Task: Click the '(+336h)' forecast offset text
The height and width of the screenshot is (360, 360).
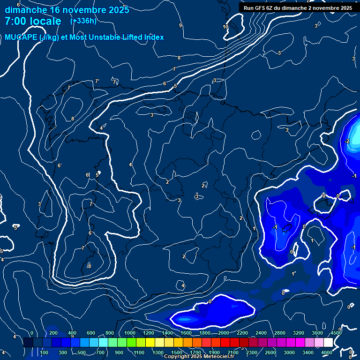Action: click(x=83, y=21)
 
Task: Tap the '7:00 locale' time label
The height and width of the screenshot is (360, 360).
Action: click(x=33, y=21)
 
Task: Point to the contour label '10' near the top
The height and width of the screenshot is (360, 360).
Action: click(x=225, y=27)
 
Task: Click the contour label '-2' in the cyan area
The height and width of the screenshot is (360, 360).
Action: click(x=347, y=141)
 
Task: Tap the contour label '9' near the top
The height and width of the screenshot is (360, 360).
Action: click(x=180, y=26)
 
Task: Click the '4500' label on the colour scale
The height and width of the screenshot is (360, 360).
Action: click(x=336, y=333)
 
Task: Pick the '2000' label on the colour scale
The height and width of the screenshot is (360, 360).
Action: click(x=224, y=333)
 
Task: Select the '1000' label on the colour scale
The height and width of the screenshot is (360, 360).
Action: click(x=130, y=333)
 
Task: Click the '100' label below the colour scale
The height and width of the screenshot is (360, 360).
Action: click(x=45, y=352)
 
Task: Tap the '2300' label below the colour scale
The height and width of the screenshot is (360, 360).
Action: click(x=252, y=352)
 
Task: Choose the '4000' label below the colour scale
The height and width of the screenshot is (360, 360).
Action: click(x=327, y=352)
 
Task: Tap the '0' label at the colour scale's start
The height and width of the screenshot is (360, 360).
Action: click(x=32, y=333)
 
